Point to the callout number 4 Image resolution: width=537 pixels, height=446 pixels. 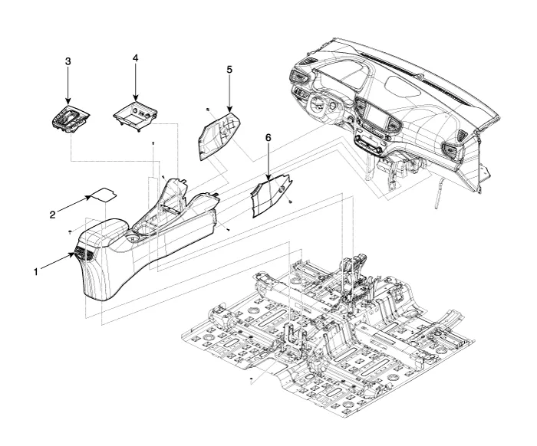tap(136, 58)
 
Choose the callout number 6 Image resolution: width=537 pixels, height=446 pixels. tap(268, 136)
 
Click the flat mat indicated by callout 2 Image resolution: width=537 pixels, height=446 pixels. tap(104, 194)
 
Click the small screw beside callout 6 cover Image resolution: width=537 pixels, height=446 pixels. tap(291, 202)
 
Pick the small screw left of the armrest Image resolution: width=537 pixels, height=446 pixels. tap(69, 230)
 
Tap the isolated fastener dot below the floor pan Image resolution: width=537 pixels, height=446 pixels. tap(251, 379)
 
